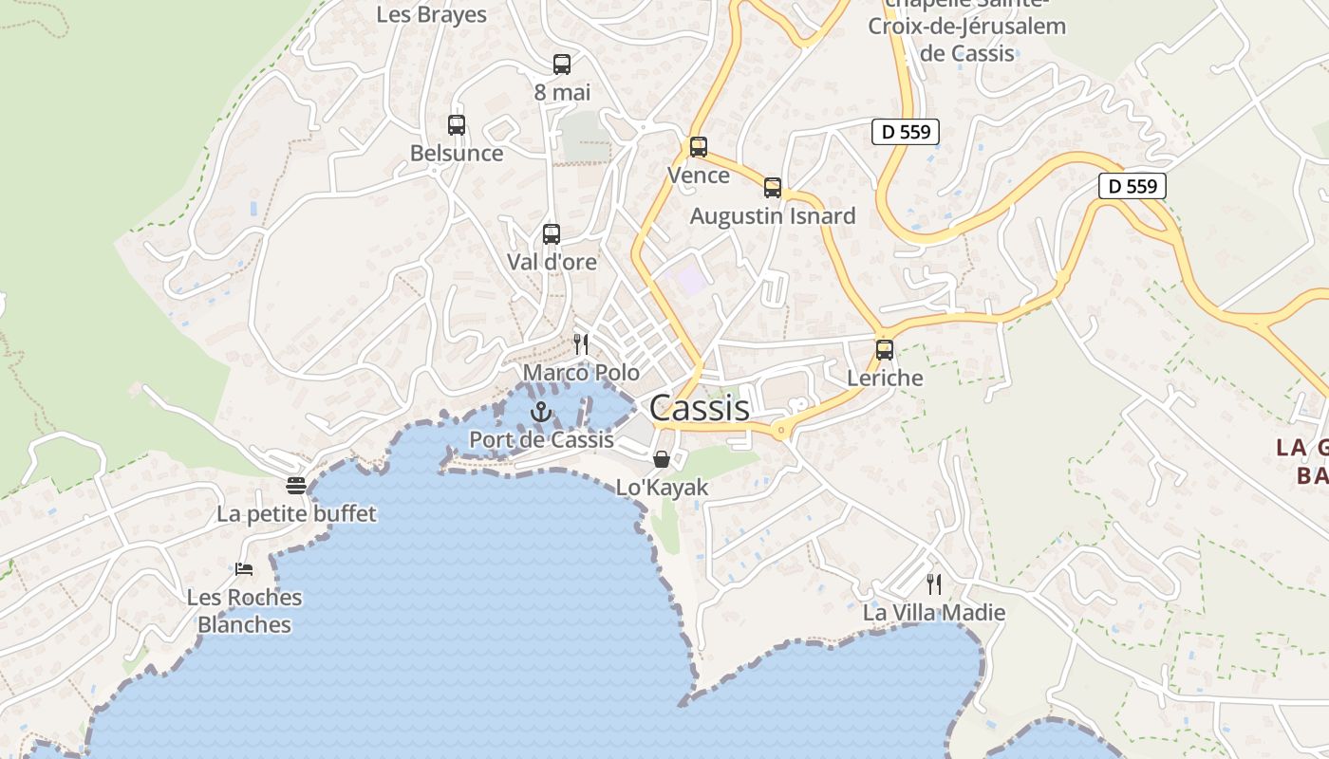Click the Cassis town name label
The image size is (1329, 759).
[x=700, y=408]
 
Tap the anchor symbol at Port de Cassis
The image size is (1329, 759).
[x=541, y=412]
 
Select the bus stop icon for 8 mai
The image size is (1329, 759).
[x=562, y=65]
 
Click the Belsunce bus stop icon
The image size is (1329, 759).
[x=457, y=125]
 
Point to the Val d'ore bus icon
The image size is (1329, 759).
[x=552, y=234]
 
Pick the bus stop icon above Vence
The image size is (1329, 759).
[x=699, y=147]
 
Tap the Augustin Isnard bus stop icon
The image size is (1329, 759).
[x=773, y=188]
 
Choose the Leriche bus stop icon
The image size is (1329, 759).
[x=885, y=350]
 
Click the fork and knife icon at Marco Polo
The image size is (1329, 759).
[x=581, y=343]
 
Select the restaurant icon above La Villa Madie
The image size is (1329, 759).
[x=934, y=583]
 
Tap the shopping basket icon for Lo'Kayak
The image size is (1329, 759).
[x=662, y=459]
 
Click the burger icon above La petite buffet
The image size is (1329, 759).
[x=296, y=486]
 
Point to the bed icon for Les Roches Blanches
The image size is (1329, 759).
[x=244, y=569]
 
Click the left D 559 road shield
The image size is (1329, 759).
[x=906, y=132]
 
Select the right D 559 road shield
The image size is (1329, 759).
[x=1132, y=186]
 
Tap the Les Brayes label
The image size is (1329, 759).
[x=432, y=14]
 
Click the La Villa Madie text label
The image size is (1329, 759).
[x=934, y=613]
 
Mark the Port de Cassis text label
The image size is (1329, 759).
[x=542, y=440]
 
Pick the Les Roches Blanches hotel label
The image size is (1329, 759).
[x=245, y=611]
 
